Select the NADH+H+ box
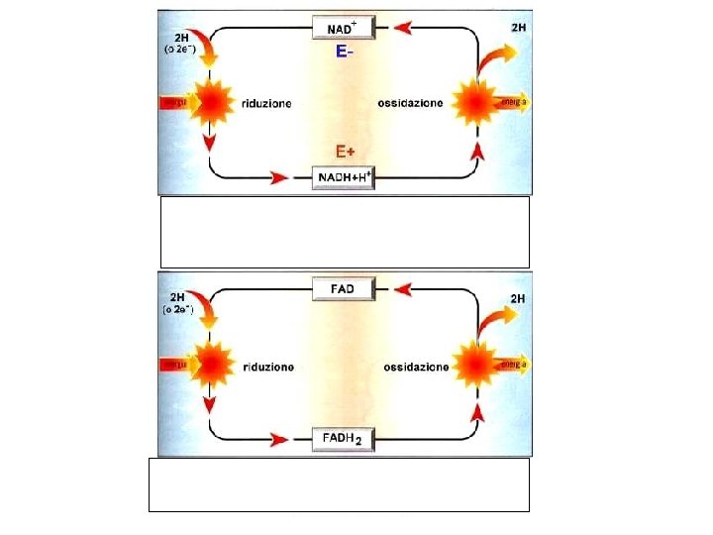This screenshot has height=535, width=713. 344,176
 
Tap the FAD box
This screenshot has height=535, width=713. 344,288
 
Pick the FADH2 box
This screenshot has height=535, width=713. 344,437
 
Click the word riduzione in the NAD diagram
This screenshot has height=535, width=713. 266,104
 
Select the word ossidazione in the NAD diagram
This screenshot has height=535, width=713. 412,104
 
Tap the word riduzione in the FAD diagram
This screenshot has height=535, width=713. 267,366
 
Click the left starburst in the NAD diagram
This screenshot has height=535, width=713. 209,101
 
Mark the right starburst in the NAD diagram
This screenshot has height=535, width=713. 475,101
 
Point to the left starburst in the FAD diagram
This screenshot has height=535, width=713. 209,363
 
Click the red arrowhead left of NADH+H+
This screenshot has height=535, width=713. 279,177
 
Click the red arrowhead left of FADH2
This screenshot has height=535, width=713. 279,438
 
